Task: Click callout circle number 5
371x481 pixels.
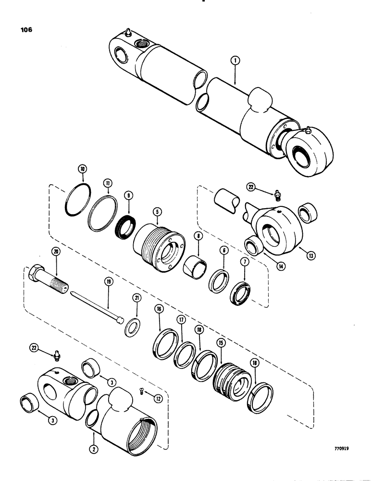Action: [x=156, y=211]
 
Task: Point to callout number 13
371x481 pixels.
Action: [x=311, y=256]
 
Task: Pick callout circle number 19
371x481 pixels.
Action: [x=109, y=282]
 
